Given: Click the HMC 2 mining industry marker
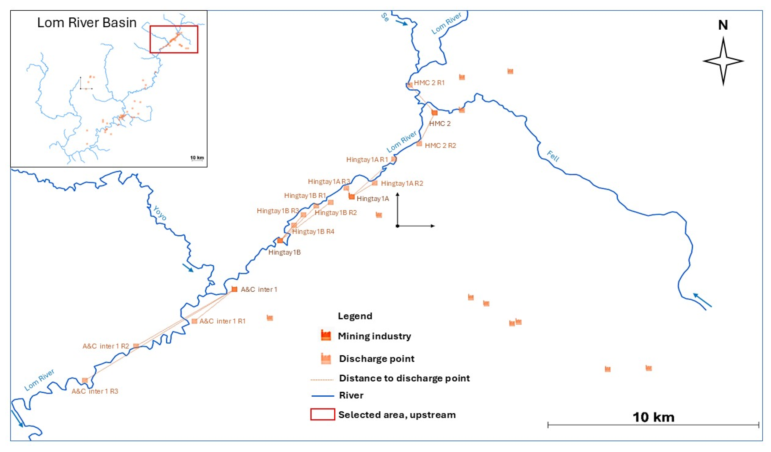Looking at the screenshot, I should tap(435, 112).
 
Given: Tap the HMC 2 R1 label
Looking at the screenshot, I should tap(429, 83).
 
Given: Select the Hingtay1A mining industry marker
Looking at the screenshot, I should tap(352, 196).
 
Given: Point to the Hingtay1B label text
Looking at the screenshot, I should tap(284, 252).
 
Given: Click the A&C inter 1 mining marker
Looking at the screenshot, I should tap(234, 289).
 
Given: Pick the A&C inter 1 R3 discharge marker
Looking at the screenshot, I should tap(85, 380).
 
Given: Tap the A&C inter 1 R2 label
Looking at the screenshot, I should tap(106, 346).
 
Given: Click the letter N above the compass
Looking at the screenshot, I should tap(723, 25).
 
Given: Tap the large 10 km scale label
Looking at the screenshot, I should tap(653, 417).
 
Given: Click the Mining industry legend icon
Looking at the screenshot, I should tap(326, 336).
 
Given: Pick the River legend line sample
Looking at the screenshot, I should tap(322, 396).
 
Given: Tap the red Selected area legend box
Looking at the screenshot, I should tap(322, 414).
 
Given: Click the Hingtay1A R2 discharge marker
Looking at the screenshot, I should tap(374, 183).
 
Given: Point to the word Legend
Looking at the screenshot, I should tap(355, 316).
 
